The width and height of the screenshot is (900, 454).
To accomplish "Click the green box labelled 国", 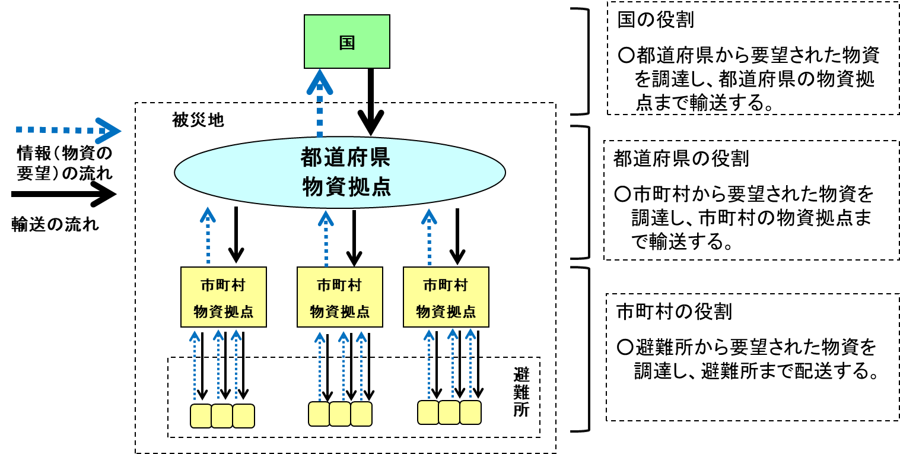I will pos(346,42).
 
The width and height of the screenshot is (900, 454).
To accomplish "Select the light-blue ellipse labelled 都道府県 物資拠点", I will pos(340,172).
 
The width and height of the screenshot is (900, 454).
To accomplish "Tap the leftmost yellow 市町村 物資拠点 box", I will pos(223,297).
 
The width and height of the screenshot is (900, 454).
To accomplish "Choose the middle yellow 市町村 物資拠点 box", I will pos(339,297).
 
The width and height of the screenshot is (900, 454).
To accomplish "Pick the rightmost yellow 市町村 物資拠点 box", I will pos(446,297).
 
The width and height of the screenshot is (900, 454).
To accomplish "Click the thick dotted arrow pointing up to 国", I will pos(320,104).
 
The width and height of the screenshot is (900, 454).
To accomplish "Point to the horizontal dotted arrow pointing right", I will pos(68,131).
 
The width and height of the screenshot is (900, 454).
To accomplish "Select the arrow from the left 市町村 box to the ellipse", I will pos(208,236).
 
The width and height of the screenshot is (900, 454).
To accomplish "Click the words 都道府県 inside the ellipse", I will pos(345,158).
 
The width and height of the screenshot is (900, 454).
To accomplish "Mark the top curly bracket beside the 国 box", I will pos(582,61).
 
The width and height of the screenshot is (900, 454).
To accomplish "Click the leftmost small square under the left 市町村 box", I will pos(201,416).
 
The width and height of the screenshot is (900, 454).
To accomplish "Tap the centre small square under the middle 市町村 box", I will pos(340,414).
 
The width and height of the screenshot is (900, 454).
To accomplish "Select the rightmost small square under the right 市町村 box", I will pos(470,412).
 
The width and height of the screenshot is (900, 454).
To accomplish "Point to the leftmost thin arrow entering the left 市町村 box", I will pos(195,365).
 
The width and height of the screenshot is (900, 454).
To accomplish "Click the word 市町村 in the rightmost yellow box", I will pos(446,285).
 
